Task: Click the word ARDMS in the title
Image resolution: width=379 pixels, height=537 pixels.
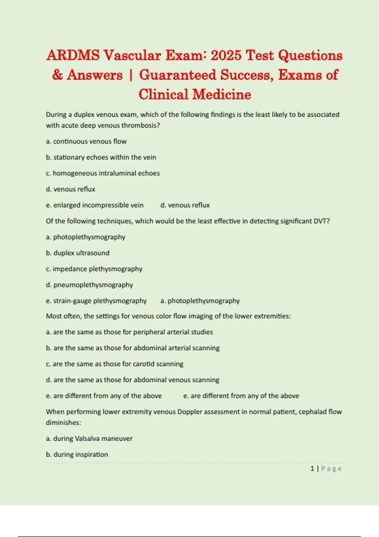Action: pos(73,56)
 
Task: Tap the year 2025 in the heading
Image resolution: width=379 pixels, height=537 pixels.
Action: pos(226,56)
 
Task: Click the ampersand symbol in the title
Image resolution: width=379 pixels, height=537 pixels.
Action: pos(57,75)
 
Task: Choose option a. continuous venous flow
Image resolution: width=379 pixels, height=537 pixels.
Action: pos(86,142)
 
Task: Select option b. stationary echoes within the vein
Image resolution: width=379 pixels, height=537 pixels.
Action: pos(101,157)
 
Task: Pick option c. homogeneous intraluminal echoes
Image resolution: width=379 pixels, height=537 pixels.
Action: pos(103,173)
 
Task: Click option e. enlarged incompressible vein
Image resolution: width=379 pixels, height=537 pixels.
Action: pos(95,205)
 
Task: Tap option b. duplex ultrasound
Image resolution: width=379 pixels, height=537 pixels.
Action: pos(78,253)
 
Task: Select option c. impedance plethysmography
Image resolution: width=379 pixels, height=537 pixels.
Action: pos(94,269)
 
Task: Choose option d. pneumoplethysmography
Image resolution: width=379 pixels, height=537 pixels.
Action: pos(89,285)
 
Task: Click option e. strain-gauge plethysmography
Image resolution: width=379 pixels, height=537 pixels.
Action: pos(96,301)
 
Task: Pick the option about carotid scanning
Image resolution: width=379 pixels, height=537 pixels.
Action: pos(115,364)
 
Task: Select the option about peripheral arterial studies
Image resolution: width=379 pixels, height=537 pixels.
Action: pos(129,332)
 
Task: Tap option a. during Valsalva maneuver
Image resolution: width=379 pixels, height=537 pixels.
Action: pos(89,439)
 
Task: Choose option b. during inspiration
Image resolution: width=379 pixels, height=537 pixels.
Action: pos(77,455)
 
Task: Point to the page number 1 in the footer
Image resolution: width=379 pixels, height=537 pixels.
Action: pos(312,469)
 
